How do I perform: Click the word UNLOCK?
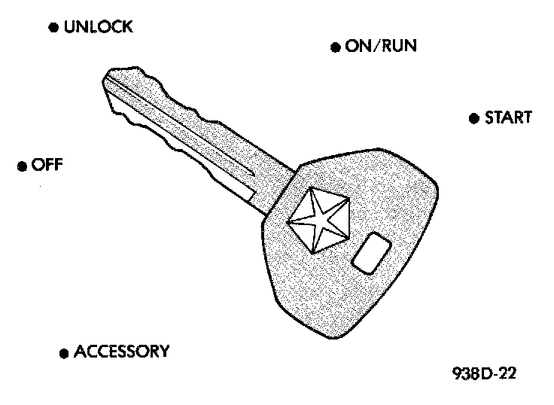[99, 28]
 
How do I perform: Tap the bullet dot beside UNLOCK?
[53, 28]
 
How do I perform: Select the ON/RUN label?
[381, 47]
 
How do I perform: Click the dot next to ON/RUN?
[336, 47]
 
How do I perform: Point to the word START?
[508, 117]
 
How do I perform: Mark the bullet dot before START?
[473, 118]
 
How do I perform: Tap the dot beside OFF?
[21, 166]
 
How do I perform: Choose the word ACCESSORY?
[121, 352]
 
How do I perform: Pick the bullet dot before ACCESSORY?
[63, 352]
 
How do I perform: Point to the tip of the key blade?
[106, 77]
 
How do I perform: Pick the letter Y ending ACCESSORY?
[163, 352]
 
